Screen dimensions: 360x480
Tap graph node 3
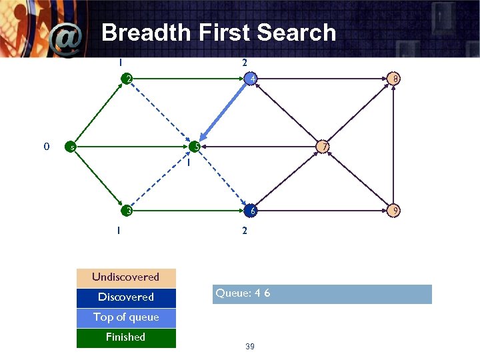(127, 211)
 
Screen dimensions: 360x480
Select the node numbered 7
(323, 146)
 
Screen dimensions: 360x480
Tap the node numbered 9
(395, 211)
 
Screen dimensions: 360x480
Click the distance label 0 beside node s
(46, 146)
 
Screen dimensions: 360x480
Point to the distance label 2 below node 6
(245, 231)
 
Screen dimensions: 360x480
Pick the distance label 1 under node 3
(118, 231)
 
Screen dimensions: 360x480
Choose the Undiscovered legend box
(126, 277)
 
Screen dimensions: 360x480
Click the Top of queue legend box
(126, 317)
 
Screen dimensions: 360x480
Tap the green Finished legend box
(126, 337)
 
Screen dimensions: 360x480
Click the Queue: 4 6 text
(243, 293)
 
